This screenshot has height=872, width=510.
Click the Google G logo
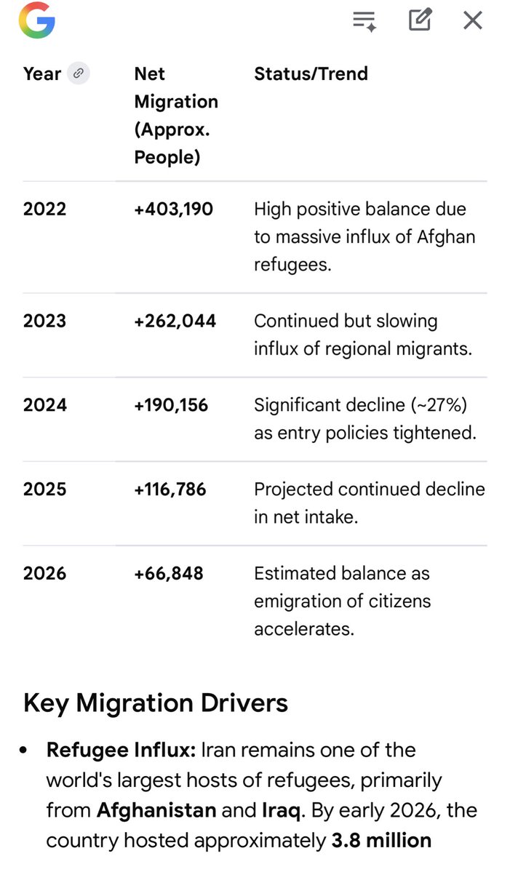click(37, 20)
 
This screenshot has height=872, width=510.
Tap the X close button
click(473, 20)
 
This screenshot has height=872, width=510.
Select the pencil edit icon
click(420, 20)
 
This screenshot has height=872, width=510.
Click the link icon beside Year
click(79, 73)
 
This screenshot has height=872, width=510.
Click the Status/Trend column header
click(311, 73)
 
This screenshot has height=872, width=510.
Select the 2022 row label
click(44, 209)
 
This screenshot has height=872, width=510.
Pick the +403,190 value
click(174, 209)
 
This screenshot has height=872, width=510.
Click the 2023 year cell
click(44, 321)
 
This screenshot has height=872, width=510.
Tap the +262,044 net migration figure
click(175, 321)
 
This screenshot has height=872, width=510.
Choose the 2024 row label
click(44, 405)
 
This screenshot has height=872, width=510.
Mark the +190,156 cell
click(171, 405)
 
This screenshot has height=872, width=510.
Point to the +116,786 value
click(170, 489)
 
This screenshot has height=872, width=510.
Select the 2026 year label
click(44, 574)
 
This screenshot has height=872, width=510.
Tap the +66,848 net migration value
click(169, 574)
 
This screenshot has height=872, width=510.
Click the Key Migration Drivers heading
click(156, 703)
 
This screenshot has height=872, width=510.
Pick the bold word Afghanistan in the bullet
click(156, 810)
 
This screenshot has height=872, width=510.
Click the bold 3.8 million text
click(381, 841)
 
